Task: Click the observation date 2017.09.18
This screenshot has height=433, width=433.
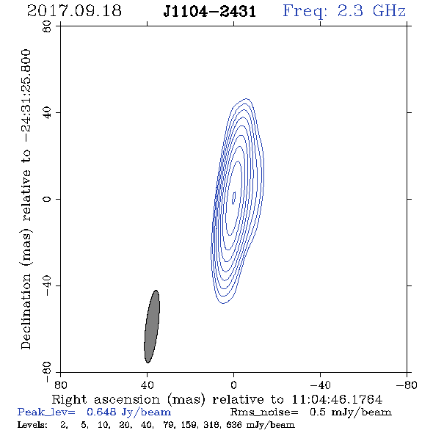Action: (x=74, y=11)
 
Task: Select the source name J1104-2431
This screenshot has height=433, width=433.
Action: (x=210, y=12)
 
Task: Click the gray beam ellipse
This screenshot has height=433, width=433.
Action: (x=152, y=327)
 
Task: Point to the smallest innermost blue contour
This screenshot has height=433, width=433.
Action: (x=233, y=198)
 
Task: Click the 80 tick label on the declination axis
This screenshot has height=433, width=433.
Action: (x=47, y=26)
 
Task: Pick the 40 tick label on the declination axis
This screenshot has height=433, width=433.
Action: (x=47, y=113)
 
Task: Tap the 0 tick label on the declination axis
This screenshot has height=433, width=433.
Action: (x=47, y=199)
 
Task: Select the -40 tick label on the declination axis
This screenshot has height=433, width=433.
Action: (x=47, y=285)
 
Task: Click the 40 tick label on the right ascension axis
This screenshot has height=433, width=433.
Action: (x=147, y=385)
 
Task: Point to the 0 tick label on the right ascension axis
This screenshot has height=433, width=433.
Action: (x=233, y=385)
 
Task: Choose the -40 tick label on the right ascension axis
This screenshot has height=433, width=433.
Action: (x=320, y=385)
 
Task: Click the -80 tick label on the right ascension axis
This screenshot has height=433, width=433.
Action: (x=407, y=385)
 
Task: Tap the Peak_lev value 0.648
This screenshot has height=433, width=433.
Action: (x=101, y=412)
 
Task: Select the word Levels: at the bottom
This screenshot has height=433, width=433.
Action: (x=32, y=425)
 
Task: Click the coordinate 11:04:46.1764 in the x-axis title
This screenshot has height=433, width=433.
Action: (x=337, y=399)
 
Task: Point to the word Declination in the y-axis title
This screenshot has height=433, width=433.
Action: (x=26, y=312)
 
